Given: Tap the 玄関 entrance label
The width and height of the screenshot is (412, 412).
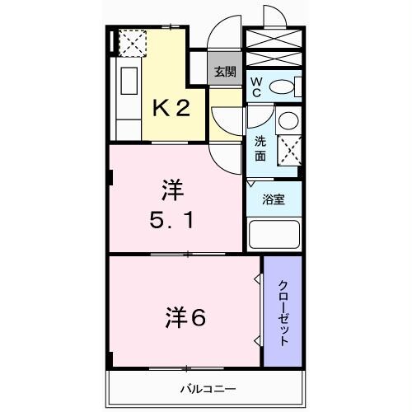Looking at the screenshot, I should point(224,72).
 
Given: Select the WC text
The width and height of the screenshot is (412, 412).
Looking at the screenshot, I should point(256,87).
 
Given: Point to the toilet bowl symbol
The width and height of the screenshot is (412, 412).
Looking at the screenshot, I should point(283,87).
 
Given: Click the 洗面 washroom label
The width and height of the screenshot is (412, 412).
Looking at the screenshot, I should point(260,147).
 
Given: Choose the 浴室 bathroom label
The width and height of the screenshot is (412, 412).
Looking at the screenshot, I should point(273,199).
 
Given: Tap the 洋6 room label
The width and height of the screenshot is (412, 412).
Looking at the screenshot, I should point(188,317).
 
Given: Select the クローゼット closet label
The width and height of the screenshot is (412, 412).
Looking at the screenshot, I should point(283,311).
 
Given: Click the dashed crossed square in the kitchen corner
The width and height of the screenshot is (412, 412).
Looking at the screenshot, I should point(133,41).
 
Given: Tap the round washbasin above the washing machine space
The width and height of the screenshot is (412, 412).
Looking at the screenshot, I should point(288,121).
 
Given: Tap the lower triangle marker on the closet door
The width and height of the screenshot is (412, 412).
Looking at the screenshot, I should point(259,339).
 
